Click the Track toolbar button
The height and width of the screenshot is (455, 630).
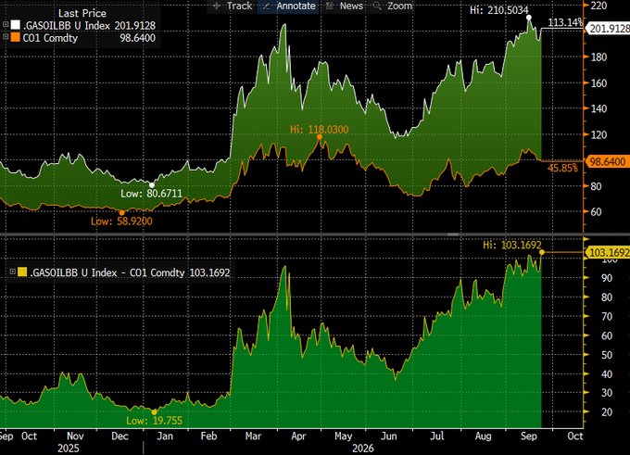233,6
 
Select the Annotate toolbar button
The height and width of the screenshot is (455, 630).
289,6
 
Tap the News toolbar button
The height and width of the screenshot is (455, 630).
345,6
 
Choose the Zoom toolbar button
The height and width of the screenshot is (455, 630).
393,6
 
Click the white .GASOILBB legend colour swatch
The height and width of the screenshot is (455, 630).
15,25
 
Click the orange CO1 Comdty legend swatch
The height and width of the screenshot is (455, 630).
15,38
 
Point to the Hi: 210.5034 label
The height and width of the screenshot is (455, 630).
499,10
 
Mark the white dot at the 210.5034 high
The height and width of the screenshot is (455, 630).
529,18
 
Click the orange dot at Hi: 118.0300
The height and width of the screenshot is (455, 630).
320,137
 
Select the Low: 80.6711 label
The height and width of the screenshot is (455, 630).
151,194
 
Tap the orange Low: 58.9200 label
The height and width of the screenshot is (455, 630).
121,221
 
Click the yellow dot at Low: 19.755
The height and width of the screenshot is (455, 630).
155,412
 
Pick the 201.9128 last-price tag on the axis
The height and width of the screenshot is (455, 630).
608,28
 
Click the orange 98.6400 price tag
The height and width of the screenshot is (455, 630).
607,161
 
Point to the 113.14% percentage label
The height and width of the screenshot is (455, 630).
565,22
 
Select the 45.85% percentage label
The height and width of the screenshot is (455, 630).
562,168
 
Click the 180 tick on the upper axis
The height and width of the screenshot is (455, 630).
599,57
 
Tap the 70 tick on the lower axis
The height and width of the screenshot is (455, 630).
607,316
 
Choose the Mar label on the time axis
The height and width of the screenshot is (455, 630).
253,436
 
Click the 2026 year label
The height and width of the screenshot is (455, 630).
363,449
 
